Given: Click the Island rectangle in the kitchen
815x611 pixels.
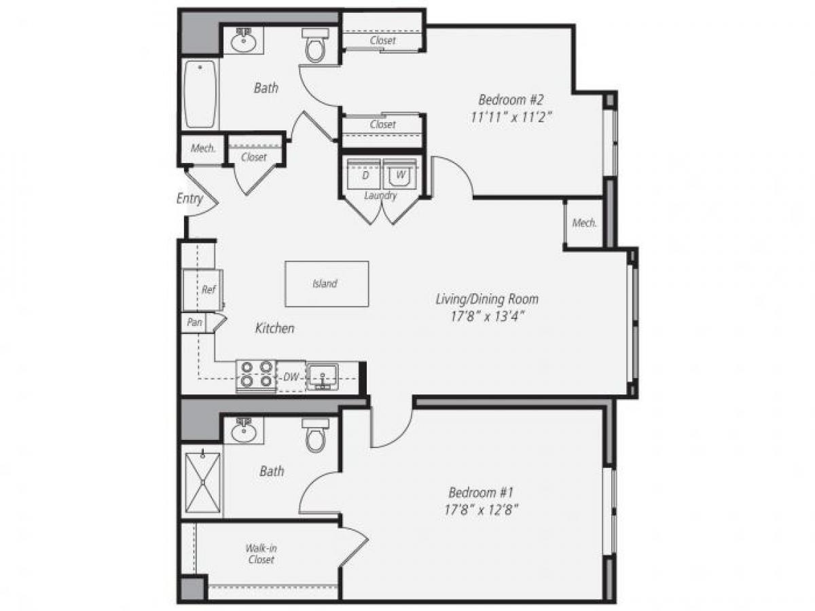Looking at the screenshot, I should [x=326, y=284].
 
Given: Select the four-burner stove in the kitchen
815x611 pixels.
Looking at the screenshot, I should [x=257, y=375].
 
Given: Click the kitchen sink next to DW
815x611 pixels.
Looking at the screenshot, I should [x=322, y=376].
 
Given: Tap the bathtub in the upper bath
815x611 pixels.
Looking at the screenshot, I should [x=200, y=94].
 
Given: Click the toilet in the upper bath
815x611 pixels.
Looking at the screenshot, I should [x=316, y=45].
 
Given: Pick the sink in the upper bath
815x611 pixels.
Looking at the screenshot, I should [x=242, y=41].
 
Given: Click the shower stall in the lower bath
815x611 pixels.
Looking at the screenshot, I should [x=202, y=485].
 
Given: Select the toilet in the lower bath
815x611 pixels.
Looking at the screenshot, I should [x=316, y=435].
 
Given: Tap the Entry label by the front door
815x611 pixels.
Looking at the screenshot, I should [x=189, y=199].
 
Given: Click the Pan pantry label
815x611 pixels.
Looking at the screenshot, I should [x=194, y=322].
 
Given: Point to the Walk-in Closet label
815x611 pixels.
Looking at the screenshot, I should [x=261, y=554].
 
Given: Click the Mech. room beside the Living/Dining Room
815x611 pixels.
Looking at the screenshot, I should [x=584, y=223].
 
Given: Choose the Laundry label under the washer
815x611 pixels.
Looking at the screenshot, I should [x=380, y=196].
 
